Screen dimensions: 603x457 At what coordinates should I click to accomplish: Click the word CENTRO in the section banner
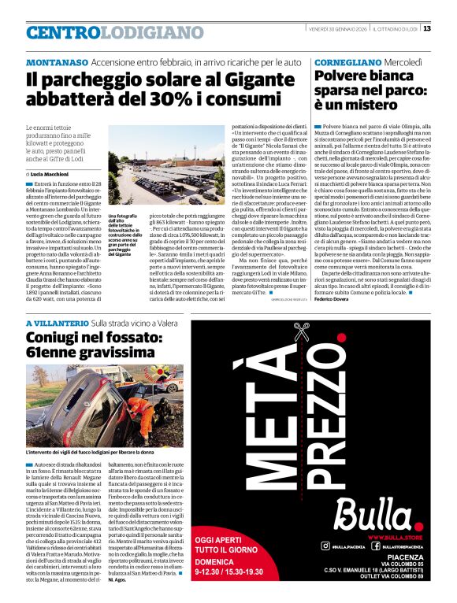[62, 33]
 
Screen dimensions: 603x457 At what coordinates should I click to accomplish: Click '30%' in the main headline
[142, 101]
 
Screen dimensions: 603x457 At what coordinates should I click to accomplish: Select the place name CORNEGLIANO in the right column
[344, 61]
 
